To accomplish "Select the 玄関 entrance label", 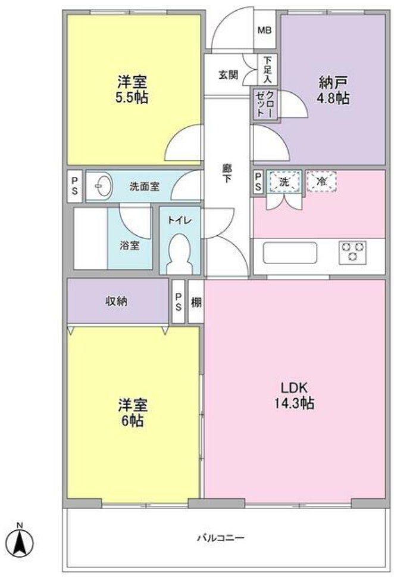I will pos(228,75).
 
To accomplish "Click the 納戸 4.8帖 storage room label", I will pos(332,91).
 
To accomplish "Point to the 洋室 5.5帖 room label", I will pos(132,89).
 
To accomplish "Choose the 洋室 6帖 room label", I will pos(132,412).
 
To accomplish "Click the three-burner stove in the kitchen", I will pos(352,252).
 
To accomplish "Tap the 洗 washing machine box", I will pos(284,182).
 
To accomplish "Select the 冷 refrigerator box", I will pos(321,181).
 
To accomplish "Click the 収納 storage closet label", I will pos(117,301).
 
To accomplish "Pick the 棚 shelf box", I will pos(196,302).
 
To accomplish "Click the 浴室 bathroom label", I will pos(129,246).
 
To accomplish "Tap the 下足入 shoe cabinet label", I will pos(268,69).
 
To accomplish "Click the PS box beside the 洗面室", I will pos(75,187).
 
